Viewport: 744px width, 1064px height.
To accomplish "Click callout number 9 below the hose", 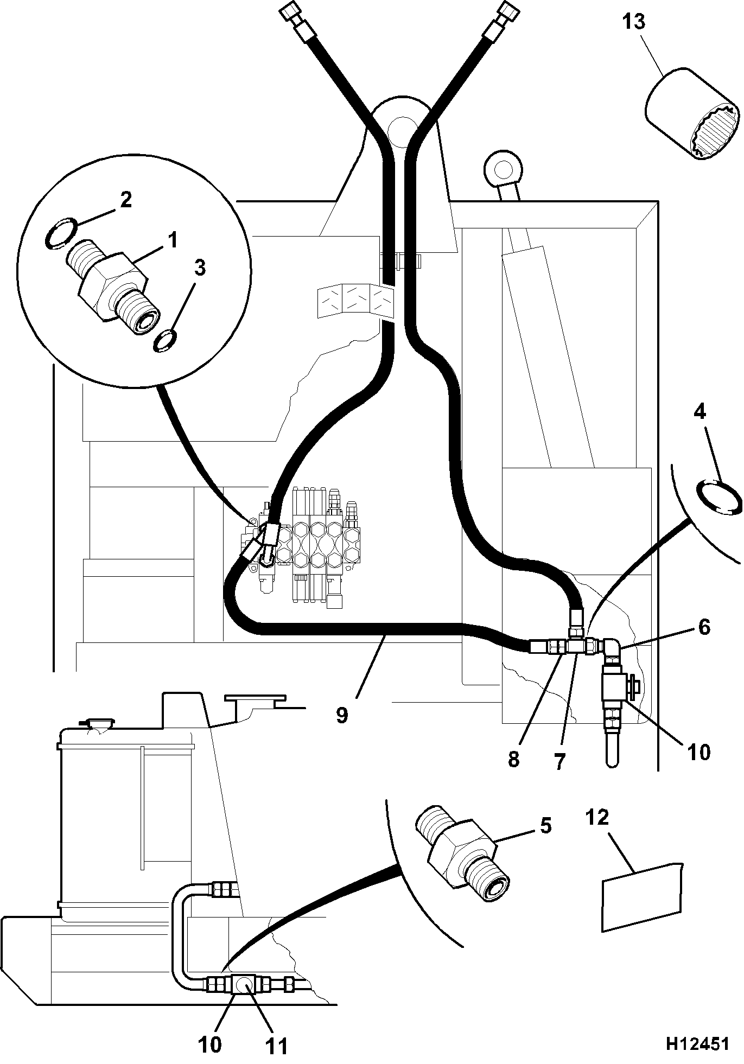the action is [x=341, y=715].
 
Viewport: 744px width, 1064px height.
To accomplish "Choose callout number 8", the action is [x=513, y=759].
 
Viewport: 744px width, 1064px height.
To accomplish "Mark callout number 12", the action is [x=597, y=833].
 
